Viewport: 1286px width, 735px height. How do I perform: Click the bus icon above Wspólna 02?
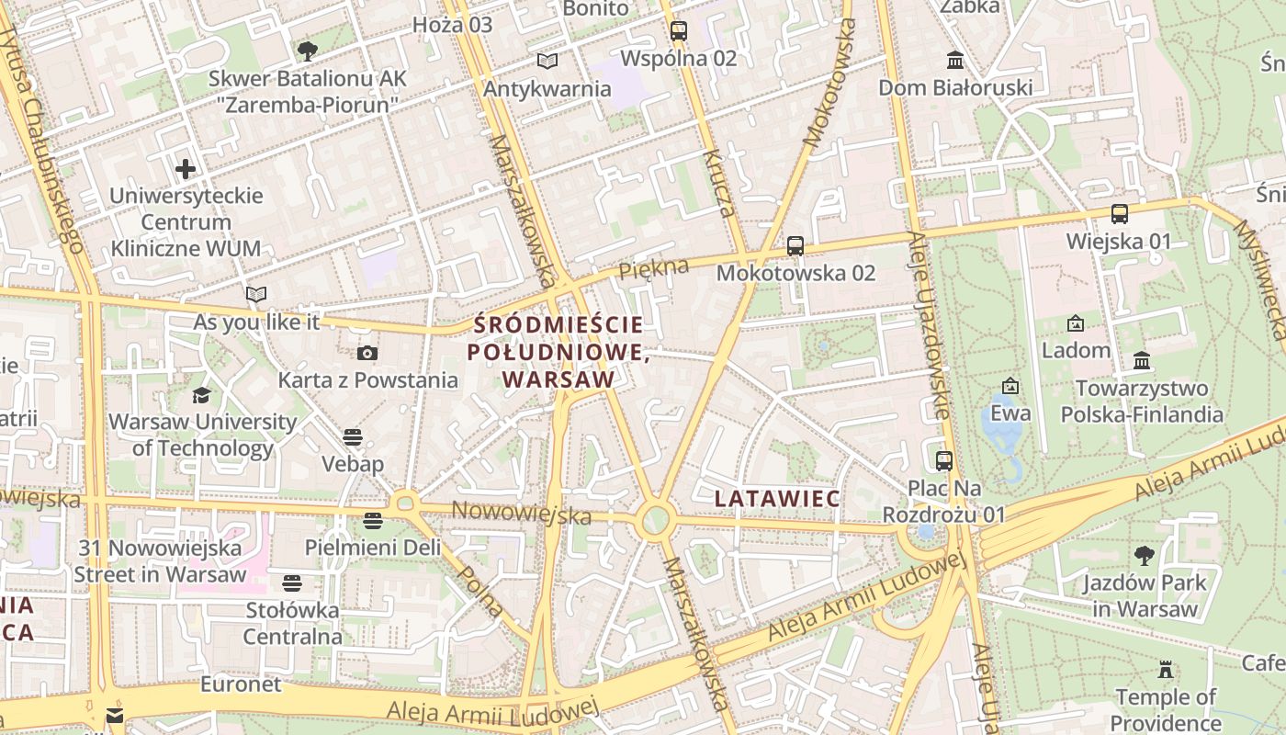click(679, 30)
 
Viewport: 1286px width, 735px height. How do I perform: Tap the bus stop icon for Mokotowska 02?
click(795, 245)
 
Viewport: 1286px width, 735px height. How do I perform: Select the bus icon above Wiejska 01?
click(1119, 214)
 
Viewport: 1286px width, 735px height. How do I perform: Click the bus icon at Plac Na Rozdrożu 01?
click(943, 460)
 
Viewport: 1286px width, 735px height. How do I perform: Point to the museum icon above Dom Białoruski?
click(955, 61)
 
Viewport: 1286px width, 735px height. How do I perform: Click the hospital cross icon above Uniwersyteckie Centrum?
click(186, 169)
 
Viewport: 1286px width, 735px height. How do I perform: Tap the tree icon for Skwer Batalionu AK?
click(307, 51)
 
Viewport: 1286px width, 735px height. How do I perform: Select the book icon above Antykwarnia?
click(547, 62)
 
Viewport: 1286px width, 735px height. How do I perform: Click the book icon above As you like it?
click(256, 295)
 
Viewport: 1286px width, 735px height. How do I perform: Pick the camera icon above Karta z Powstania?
click(367, 353)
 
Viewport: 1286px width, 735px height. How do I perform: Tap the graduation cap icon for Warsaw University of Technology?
click(201, 395)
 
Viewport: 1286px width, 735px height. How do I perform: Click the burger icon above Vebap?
click(353, 436)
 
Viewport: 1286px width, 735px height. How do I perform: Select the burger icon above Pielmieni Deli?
click(373, 521)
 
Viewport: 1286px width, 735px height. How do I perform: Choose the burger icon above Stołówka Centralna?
click(292, 582)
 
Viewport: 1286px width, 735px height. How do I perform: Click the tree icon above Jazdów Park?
click(1145, 555)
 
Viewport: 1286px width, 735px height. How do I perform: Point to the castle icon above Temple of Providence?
click(1166, 669)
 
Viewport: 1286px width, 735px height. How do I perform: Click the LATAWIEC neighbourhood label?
click(777, 499)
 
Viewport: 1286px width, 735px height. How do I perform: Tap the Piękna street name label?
click(653, 269)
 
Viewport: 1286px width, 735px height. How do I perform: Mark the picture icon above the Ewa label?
click(1010, 386)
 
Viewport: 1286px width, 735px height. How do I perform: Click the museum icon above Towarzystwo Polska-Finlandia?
click(1142, 360)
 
